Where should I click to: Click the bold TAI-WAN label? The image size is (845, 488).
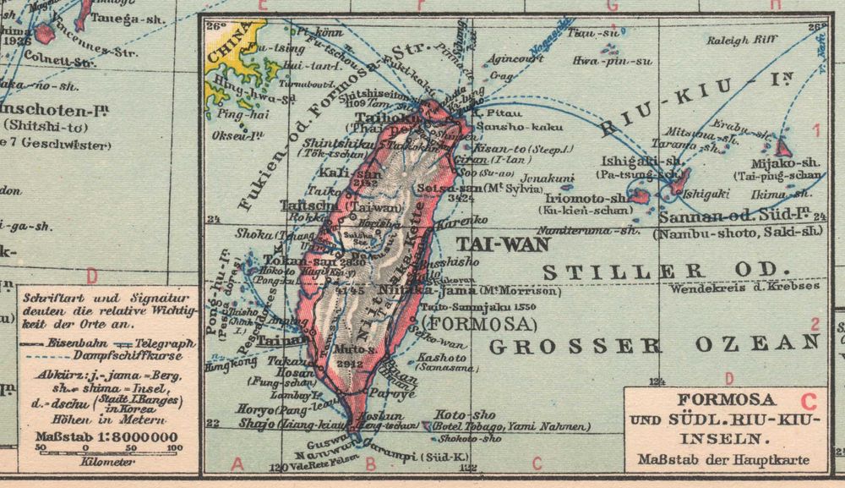504,244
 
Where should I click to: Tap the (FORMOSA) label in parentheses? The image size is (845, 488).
478,324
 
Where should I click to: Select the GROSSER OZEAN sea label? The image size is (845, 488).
655,344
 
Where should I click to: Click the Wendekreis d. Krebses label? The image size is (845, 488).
746,288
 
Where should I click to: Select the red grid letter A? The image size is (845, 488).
237,463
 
